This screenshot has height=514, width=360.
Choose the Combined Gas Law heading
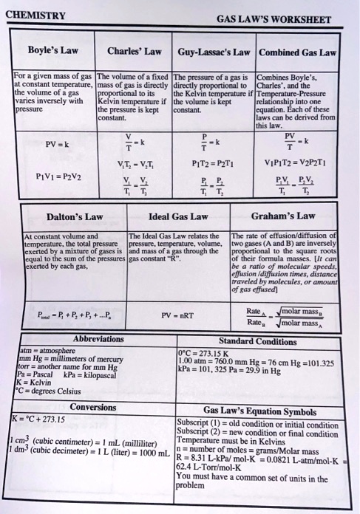pos(298,53)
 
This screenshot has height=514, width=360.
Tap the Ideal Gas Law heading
pos(178,217)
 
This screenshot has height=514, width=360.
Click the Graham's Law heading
pos(285,216)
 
